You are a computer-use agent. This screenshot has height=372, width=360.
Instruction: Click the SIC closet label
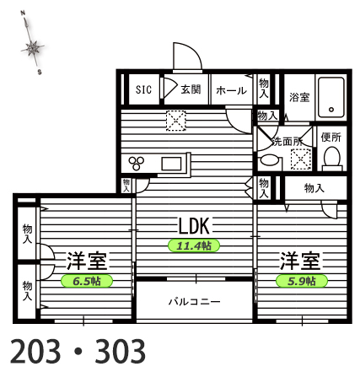143,89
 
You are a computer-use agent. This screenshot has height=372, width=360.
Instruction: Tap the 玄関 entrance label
191,89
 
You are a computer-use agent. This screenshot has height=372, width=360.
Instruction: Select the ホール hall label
231,90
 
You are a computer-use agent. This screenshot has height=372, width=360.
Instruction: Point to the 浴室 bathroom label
299,97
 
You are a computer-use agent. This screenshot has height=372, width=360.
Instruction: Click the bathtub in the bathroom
331,98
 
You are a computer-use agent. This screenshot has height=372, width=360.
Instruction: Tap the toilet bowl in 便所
332,159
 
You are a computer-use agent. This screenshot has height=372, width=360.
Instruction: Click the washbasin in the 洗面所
271,160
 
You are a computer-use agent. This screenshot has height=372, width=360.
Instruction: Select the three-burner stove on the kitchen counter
137,164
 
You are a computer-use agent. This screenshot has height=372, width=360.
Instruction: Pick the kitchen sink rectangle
171,164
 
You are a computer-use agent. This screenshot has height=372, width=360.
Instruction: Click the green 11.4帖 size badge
194,246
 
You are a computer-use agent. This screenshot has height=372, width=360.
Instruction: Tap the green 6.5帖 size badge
87,281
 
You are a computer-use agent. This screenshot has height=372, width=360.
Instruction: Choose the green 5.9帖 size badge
302,281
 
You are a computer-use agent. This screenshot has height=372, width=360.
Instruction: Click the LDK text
194,226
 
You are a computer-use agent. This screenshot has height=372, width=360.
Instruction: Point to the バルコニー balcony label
195,302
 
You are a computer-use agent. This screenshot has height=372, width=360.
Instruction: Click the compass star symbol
33,48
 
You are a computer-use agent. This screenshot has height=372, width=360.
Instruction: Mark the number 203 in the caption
35,352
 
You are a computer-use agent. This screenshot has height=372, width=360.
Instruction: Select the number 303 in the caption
121,352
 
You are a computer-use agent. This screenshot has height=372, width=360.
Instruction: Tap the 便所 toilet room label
331,137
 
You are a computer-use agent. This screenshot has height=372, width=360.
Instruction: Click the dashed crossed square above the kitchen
176,121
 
